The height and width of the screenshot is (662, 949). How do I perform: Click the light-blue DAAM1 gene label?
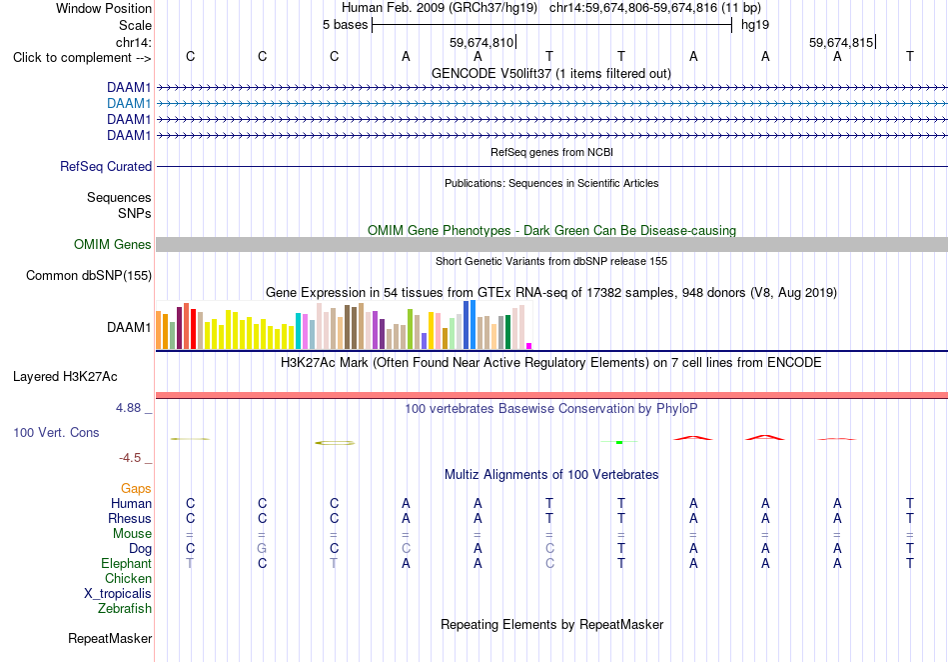pos(129,104)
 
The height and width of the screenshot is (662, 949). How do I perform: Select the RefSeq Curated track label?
pos(106,167)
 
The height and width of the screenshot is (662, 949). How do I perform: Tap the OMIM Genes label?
pos(113,245)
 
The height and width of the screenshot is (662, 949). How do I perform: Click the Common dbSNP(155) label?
pos(89,276)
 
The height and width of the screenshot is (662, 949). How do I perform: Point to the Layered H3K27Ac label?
pos(65,377)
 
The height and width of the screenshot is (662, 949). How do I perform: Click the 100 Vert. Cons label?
pos(56,432)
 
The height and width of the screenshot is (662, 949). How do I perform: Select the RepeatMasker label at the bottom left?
pos(110,638)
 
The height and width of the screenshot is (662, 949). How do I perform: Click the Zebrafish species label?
pos(125,608)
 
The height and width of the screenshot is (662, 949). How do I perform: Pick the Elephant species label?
pos(126,563)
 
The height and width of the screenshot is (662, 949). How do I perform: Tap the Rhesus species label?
pos(130,518)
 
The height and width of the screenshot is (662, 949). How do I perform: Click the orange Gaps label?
pos(136,488)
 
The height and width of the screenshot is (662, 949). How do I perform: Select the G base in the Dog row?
pos(262,548)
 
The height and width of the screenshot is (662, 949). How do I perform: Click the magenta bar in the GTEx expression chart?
pos(529,346)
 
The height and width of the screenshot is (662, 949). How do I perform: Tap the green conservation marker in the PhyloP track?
pos(619,442)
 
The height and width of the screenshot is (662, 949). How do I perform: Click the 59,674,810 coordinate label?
pos(481,42)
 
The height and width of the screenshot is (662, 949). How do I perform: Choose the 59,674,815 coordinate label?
pos(841,42)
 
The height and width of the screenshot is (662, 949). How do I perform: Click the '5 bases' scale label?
pos(345,25)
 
